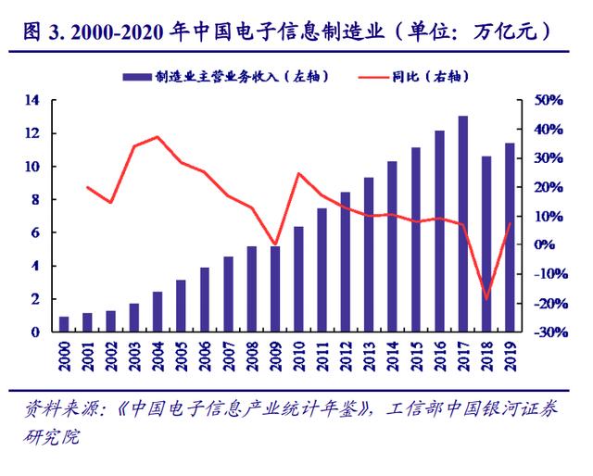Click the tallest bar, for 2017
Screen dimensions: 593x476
(463, 224)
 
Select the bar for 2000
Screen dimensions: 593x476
(64, 324)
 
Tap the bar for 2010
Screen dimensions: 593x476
(298, 280)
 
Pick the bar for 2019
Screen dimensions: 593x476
(510, 237)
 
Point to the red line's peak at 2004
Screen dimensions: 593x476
(158, 136)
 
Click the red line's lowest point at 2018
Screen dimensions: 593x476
(486, 300)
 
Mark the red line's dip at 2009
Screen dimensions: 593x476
(275, 244)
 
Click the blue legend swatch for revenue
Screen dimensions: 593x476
(137, 77)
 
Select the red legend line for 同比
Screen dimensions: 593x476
(373, 78)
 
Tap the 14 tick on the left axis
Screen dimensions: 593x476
(32, 100)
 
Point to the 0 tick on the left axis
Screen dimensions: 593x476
(35, 332)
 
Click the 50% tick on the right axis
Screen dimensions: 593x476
(549, 100)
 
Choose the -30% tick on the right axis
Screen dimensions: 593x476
(551, 332)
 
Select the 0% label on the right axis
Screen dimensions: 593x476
(544, 244)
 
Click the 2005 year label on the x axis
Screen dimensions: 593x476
(182, 357)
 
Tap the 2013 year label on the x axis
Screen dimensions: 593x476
(370, 357)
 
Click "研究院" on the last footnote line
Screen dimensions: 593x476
(52, 437)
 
